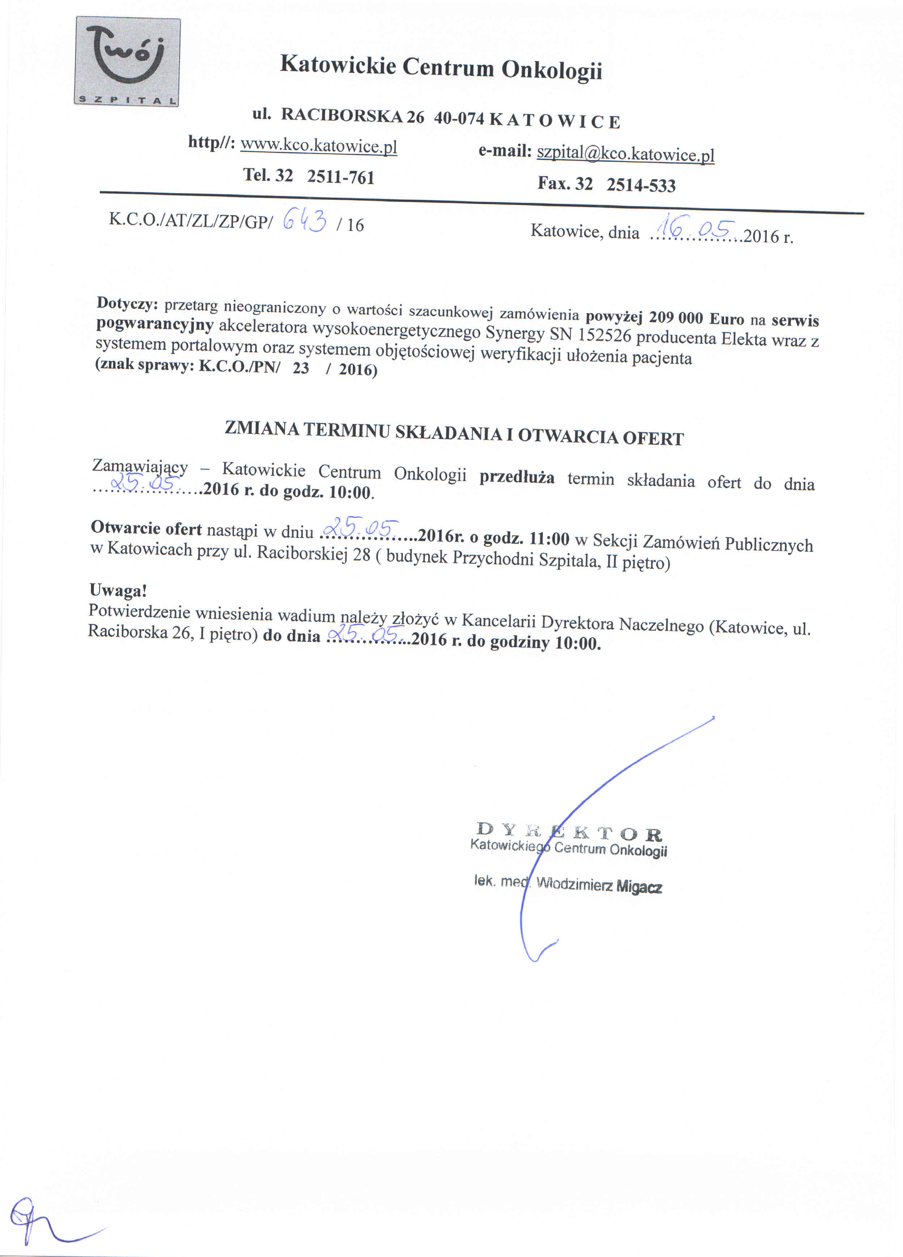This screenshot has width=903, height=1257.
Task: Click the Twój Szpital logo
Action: point(127,61)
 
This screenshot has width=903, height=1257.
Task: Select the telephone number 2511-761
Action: point(340,177)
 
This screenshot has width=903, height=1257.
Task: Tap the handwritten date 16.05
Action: point(695,227)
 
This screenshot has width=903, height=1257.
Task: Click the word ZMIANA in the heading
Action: point(262,428)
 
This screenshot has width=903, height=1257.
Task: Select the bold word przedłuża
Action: point(517,477)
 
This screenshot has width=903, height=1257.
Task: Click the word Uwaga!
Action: point(118,591)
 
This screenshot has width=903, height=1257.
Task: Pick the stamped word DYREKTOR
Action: point(569,832)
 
